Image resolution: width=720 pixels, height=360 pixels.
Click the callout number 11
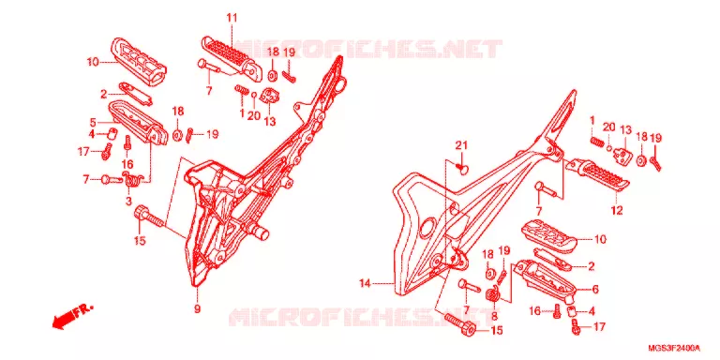pos(232,19)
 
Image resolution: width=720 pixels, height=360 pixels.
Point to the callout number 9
pos(197,309)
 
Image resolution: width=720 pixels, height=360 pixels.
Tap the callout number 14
pos(365,284)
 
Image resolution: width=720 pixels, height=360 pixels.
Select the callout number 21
pos(461,145)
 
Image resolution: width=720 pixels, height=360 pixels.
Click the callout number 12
pos(617,211)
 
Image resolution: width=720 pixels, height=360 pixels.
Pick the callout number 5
pos(93,123)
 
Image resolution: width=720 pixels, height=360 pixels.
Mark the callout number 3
pos(128,201)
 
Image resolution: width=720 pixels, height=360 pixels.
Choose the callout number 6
pos(595,290)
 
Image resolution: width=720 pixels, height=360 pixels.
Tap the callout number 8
pos(494,316)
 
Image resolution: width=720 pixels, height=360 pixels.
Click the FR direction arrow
pos(72,317)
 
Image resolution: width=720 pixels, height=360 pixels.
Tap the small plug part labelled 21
pos(463,169)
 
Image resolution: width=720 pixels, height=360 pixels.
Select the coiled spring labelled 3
pos(132,178)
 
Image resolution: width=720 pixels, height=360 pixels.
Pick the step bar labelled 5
pos(136,122)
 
